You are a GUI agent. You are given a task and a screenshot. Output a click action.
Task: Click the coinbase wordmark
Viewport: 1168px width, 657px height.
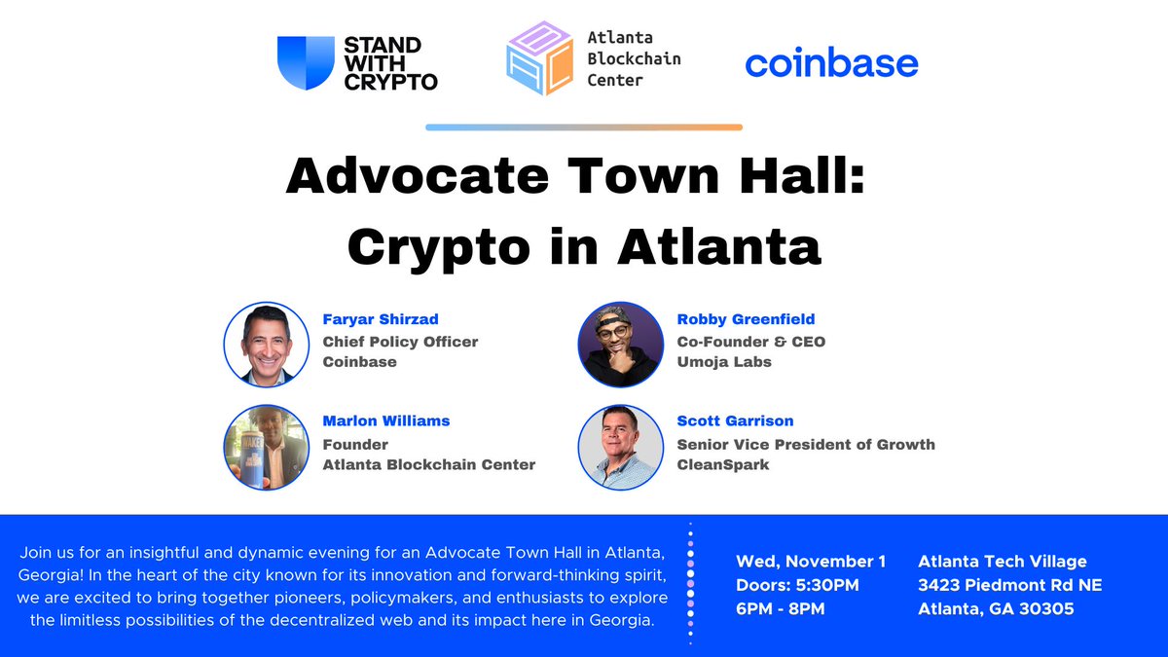831,64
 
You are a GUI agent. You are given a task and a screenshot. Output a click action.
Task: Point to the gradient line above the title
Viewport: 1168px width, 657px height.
584,128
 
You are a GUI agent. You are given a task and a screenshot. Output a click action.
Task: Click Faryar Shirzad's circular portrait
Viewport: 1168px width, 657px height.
267,344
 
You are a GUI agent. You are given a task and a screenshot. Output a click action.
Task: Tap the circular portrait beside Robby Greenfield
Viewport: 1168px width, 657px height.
621,344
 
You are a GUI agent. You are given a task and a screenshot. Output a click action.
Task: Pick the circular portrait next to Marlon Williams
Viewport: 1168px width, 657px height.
267,446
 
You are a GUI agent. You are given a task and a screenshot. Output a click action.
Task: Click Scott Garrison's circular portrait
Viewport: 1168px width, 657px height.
621,446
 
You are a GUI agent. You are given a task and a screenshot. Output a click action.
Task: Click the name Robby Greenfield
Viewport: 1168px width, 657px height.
746,318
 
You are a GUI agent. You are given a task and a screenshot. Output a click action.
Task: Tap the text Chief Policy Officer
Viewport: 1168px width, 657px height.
400,341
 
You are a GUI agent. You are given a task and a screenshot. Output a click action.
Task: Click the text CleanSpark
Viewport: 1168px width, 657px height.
724,464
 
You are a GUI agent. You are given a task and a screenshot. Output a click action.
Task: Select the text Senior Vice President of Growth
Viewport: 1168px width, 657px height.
806,444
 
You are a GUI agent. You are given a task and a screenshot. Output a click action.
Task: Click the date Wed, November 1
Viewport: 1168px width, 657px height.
811,562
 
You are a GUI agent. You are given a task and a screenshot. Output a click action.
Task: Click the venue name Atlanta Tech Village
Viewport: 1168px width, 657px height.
1003,562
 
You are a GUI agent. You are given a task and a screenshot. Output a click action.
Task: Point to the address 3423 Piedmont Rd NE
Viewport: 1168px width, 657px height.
1009,586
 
